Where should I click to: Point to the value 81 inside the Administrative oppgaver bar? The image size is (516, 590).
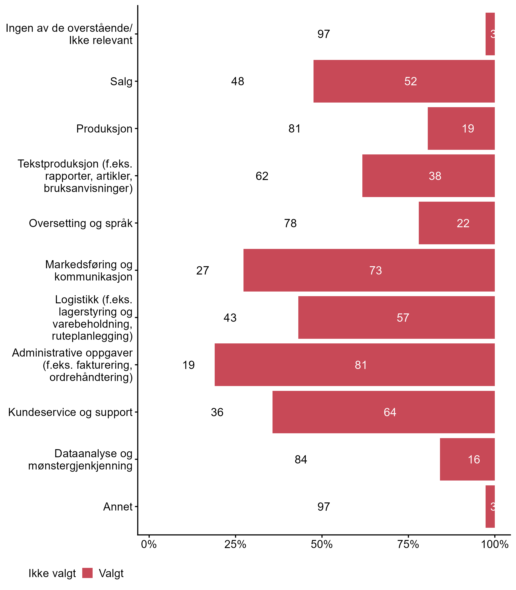click(x=361, y=365)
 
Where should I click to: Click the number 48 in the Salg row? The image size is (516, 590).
click(x=237, y=81)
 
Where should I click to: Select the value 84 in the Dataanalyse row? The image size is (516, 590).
click(x=301, y=460)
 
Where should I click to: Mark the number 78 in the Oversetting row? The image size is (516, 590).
click(x=290, y=223)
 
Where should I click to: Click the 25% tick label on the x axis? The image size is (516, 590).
click(x=235, y=544)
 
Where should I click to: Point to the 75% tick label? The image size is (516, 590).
click(x=408, y=544)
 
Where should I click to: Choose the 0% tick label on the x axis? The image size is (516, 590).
click(x=149, y=544)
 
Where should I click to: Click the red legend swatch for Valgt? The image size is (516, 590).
click(x=87, y=573)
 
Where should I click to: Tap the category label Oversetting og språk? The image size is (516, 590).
click(x=81, y=223)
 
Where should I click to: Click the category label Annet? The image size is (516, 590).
click(x=118, y=507)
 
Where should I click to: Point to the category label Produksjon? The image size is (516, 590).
click(x=104, y=129)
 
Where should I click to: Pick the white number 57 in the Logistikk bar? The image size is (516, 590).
click(x=403, y=318)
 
